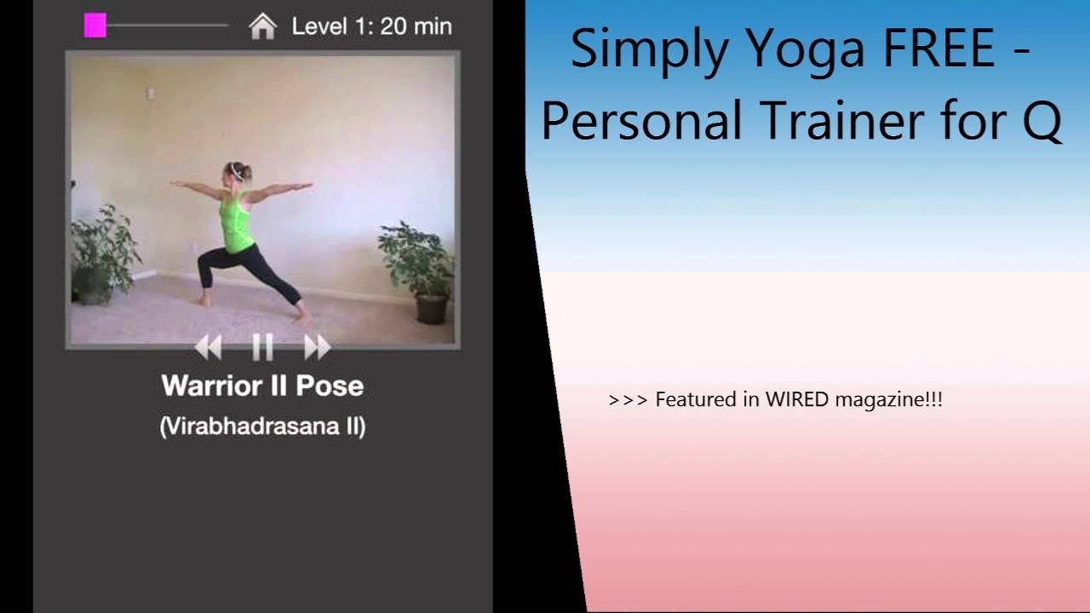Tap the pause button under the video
[263, 347]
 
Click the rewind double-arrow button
[209, 347]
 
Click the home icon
[263, 26]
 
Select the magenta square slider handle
[95, 26]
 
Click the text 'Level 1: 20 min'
[372, 26]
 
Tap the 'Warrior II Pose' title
[263, 386]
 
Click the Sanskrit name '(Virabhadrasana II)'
[263, 427]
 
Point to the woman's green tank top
[236, 223]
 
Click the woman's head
[237, 172]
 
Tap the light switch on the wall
[152, 93]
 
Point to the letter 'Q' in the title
[1041, 122]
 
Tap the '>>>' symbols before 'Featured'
[628, 400]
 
